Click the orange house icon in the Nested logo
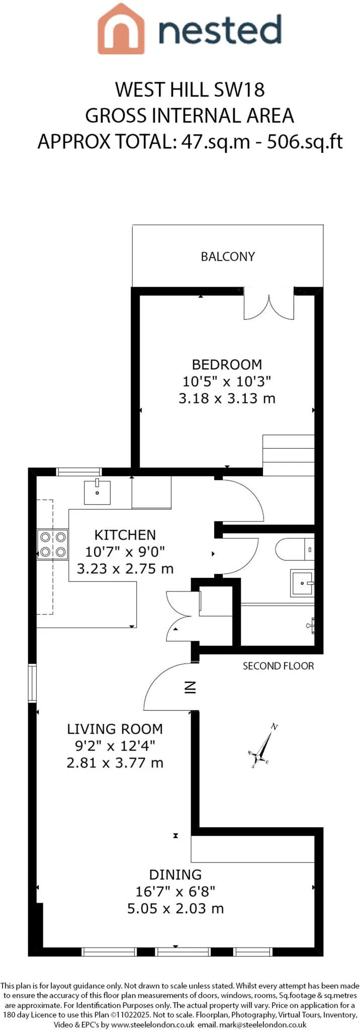coord(121,29)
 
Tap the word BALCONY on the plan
coord(228,256)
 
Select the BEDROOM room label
coord(227,364)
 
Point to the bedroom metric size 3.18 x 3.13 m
coord(227,398)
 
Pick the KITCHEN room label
coord(125,535)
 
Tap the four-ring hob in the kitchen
coord(53,545)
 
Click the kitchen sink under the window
coord(97,492)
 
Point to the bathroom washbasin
coord(302,583)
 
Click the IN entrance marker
coord(190,687)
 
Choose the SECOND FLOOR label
coord(279,666)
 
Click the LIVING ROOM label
coord(115,729)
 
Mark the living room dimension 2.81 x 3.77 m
coord(115,763)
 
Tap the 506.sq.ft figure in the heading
coord(305,142)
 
